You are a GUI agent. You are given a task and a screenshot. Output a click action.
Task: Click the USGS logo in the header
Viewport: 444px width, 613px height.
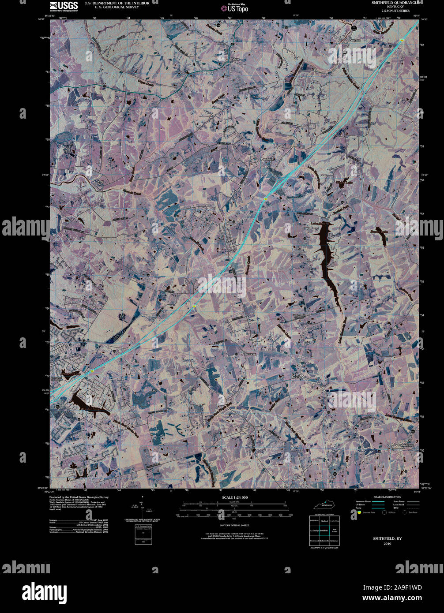[64, 6]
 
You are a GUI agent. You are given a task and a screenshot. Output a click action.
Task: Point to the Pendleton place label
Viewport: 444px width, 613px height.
[267, 159]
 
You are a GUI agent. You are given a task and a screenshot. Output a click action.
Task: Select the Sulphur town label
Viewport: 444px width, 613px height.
[355, 41]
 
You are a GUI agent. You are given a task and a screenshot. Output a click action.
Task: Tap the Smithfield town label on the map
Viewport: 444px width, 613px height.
[406, 445]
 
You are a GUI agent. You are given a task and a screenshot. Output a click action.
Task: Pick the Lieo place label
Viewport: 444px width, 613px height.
[154, 391]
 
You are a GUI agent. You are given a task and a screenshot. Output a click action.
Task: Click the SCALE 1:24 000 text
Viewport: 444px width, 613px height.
[235, 497]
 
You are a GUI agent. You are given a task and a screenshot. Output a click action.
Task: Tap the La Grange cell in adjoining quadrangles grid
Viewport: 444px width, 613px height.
[314, 530]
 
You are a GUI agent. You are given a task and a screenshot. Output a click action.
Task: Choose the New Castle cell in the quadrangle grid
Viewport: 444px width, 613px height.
[335, 530]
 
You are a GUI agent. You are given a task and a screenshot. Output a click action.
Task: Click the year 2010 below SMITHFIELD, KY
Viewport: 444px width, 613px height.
[387, 543]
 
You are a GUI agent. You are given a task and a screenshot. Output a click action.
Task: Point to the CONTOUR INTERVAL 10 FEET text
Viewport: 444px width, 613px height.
[235, 525]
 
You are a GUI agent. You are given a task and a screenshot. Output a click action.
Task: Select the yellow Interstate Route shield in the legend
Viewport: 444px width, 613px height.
[359, 512]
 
